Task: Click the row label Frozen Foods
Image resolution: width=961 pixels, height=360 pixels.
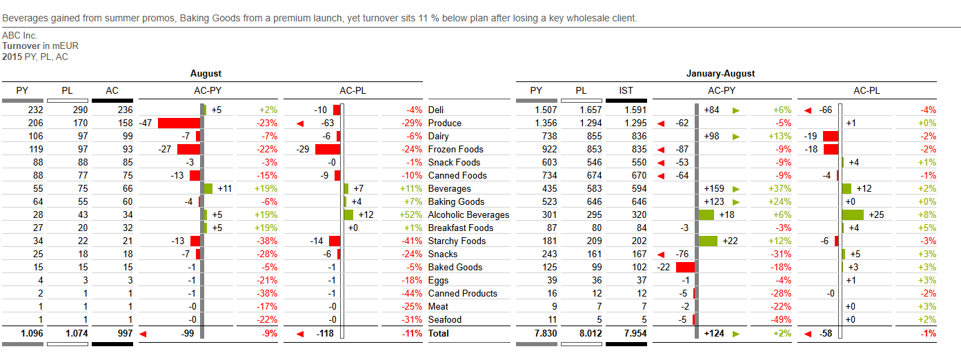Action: (455, 149)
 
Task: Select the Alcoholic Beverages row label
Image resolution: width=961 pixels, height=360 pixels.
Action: (468, 214)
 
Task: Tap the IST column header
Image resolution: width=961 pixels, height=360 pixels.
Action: (626, 90)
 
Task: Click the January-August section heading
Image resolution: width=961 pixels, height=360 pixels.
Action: (720, 73)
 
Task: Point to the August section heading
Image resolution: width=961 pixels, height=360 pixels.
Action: (206, 73)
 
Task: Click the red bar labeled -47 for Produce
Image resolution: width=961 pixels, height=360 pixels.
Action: (179, 123)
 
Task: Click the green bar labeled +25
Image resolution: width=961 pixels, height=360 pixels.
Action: (853, 214)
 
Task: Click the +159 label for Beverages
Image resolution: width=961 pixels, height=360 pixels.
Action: (715, 188)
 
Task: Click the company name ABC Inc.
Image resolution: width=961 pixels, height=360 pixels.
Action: (19, 35)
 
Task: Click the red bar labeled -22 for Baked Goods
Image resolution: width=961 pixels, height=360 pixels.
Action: (685, 267)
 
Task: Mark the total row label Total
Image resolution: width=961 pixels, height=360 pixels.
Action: (439, 333)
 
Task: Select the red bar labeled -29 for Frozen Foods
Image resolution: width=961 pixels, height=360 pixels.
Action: (328, 149)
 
